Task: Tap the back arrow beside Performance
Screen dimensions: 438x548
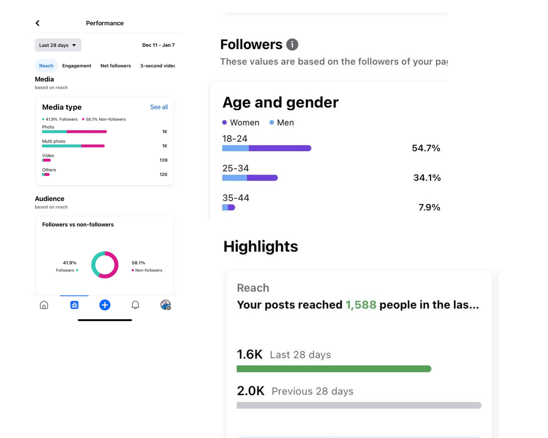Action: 38,23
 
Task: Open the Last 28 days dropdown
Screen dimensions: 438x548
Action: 58,45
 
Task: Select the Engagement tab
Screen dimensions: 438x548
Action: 77,66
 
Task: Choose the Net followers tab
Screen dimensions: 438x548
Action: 116,66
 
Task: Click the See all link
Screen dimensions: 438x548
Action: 159,107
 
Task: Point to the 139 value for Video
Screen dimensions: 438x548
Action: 163,160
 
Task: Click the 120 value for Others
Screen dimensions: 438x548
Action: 163,174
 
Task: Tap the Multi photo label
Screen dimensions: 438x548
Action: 54,141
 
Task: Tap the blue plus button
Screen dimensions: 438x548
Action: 105,305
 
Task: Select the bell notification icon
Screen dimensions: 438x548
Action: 135,305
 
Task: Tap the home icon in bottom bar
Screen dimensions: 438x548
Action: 44,305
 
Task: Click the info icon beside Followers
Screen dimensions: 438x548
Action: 292,44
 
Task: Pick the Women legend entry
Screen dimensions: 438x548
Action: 241,122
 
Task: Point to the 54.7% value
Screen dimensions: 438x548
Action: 426,148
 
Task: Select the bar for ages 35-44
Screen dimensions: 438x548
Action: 229,208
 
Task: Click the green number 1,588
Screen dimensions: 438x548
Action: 361,305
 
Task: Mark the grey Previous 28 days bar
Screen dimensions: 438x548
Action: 359,405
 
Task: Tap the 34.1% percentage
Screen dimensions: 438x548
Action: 427,178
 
